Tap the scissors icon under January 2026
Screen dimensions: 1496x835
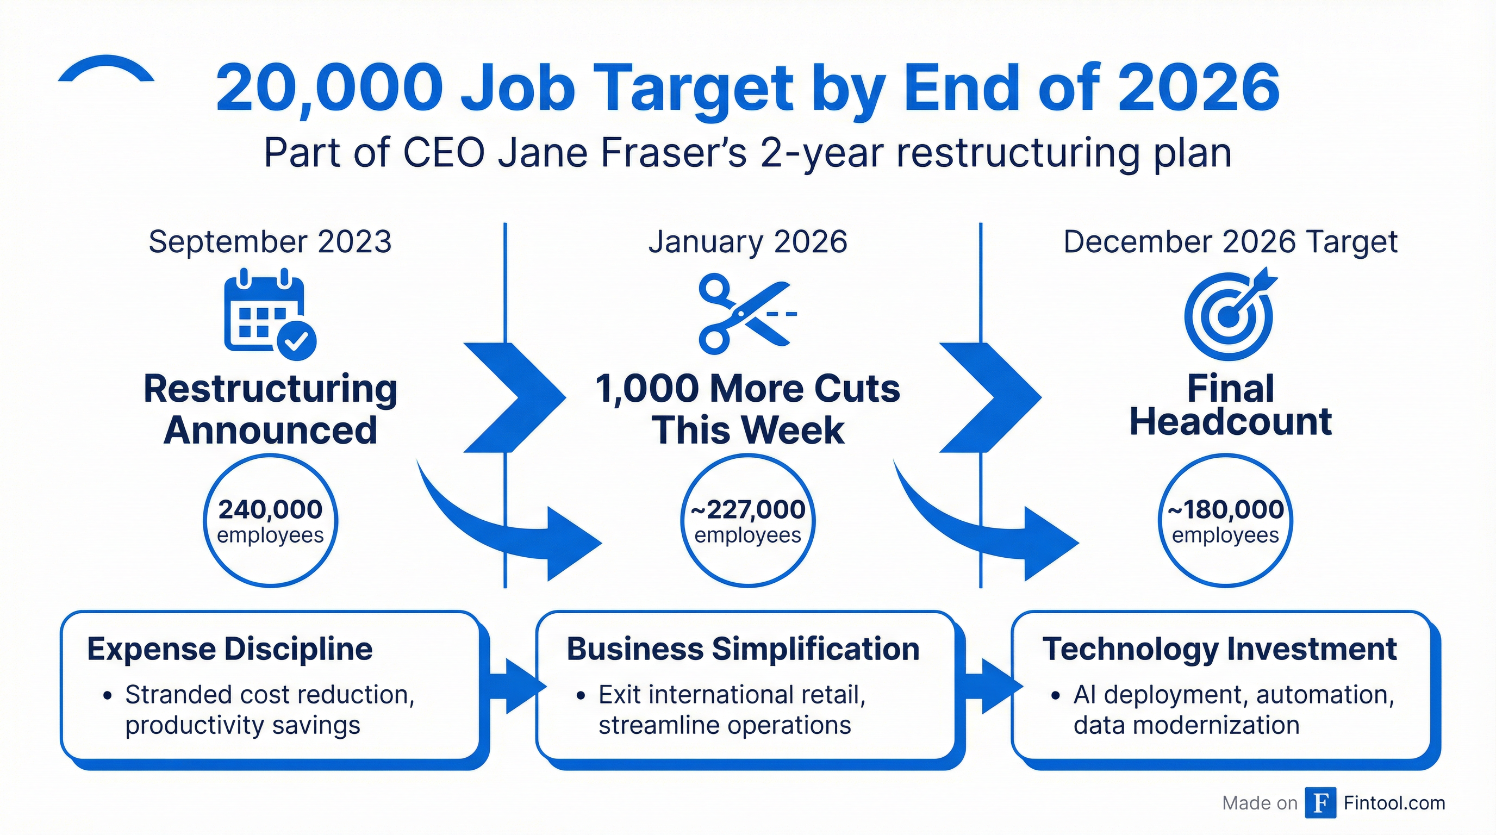(x=747, y=314)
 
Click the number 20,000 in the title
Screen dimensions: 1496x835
(x=329, y=88)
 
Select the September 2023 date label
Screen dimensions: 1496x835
(x=270, y=242)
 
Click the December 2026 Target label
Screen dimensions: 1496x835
(x=1231, y=242)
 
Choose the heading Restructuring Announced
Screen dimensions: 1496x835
(x=271, y=409)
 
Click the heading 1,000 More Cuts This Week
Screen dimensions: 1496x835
(x=748, y=409)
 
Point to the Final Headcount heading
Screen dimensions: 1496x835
(x=1231, y=405)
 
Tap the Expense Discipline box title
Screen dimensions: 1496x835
(x=230, y=649)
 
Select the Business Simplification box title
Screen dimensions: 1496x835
(x=743, y=649)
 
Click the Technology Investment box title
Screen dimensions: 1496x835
(x=1219, y=649)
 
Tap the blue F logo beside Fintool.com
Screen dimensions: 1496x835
(x=1320, y=803)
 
